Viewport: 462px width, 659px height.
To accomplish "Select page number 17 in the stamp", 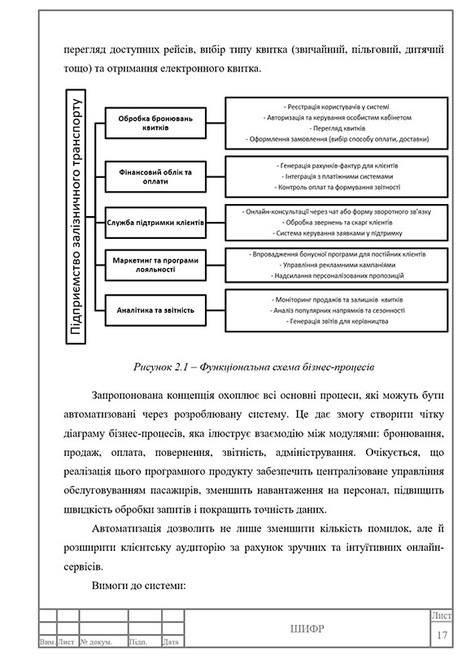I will (442, 634).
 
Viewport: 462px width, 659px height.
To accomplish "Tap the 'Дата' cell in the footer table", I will (171, 642).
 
